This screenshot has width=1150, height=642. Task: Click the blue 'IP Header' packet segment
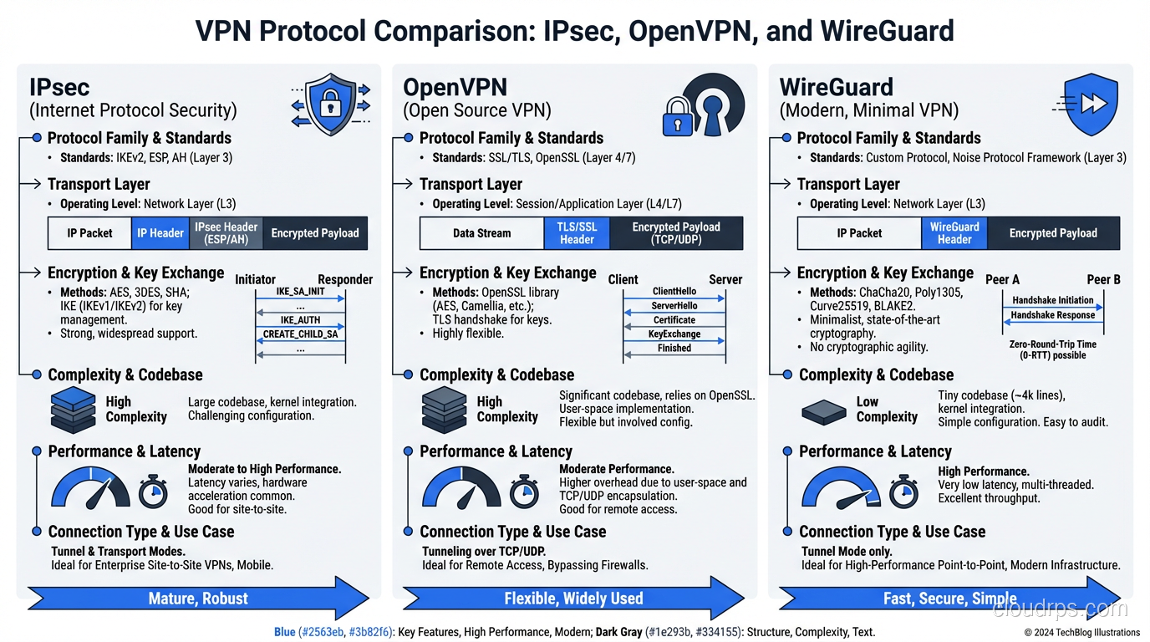coord(160,233)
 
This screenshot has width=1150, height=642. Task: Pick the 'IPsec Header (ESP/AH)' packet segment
coord(226,233)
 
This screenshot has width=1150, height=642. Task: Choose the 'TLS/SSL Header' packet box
coord(577,233)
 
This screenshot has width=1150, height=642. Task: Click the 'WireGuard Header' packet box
coord(954,233)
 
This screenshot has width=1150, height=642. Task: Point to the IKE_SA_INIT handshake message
coord(300,292)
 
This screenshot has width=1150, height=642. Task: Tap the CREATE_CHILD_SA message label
coord(300,334)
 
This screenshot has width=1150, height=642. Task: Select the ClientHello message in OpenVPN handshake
coord(674,292)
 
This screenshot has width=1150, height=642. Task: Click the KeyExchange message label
coord(674,334)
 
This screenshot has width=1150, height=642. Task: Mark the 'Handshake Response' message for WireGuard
coord(1052,315)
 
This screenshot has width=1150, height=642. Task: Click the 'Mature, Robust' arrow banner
coord(198,599)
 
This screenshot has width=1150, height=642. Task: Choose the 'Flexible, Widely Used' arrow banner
coord(573,599)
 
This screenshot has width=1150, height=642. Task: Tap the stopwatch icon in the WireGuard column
coord(903,492)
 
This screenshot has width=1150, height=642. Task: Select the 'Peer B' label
coord(1103,279)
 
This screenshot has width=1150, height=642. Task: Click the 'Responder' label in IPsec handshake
coord(345,279)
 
